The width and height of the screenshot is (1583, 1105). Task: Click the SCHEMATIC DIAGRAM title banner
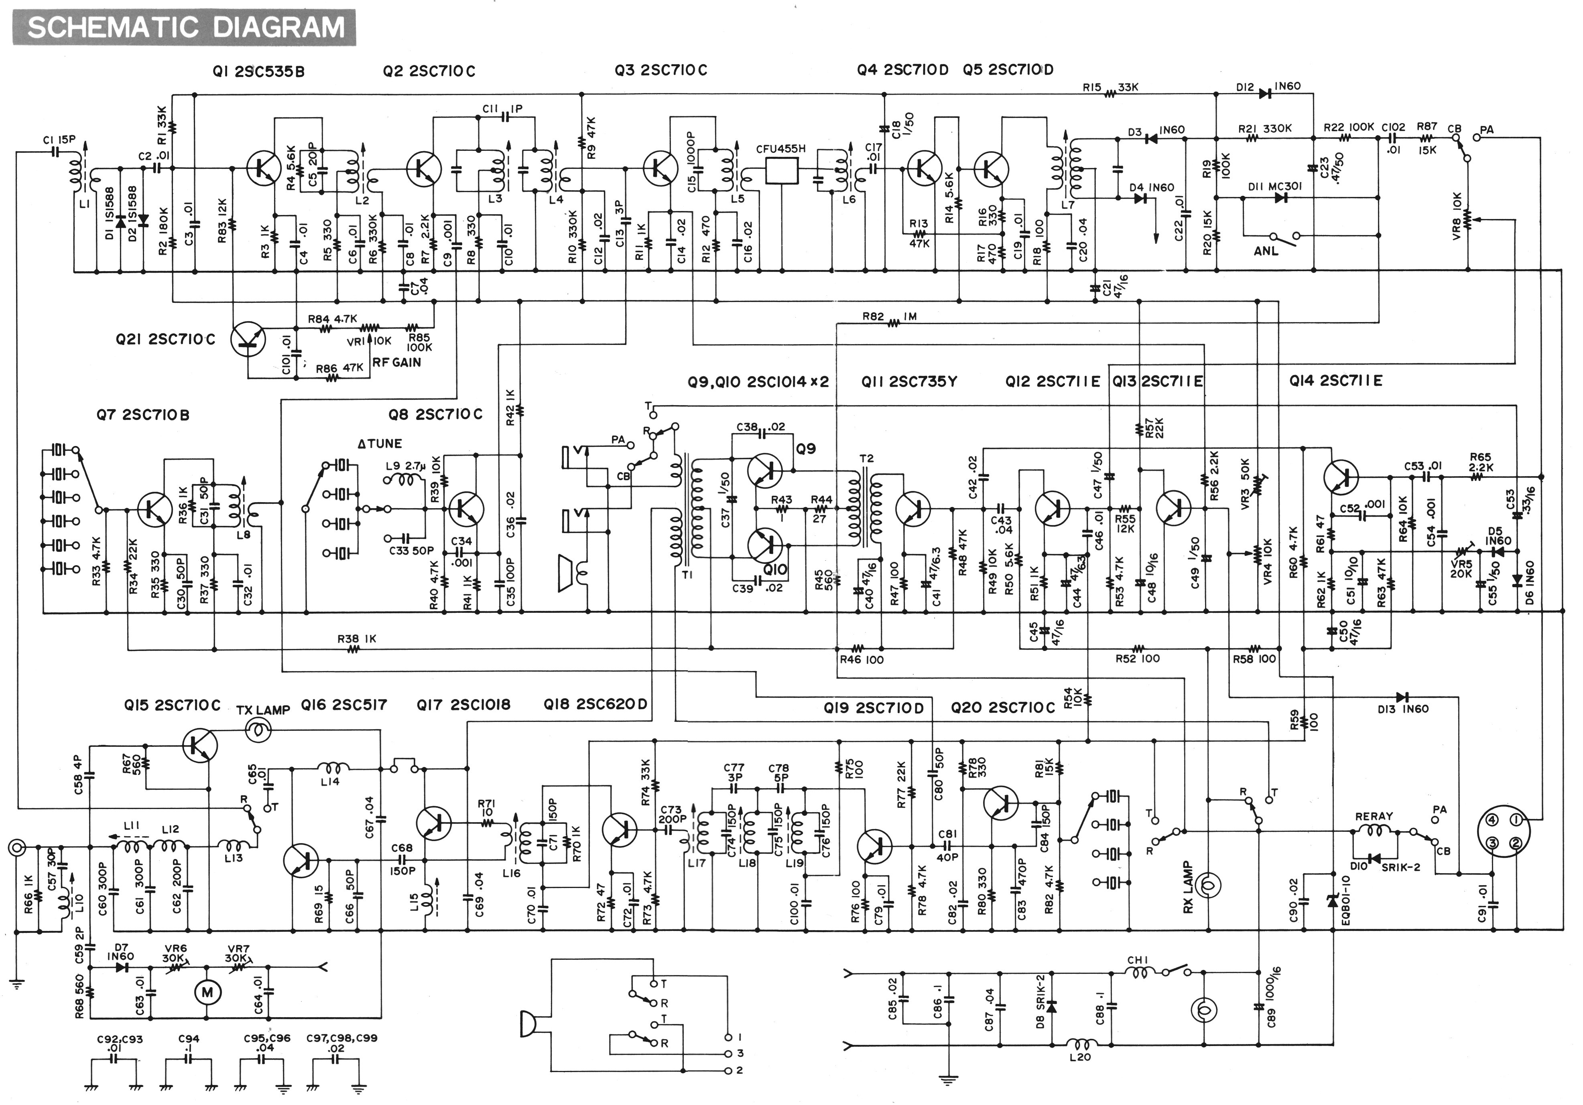[x=185, y=28]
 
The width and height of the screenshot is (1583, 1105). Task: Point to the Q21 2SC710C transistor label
[x=165, y=340]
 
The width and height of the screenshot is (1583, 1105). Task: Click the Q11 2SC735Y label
[x=909, y=381]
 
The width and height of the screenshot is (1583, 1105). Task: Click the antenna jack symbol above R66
[x=17, y=847]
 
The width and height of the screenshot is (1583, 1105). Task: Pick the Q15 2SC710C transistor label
[x=173, y=705]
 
